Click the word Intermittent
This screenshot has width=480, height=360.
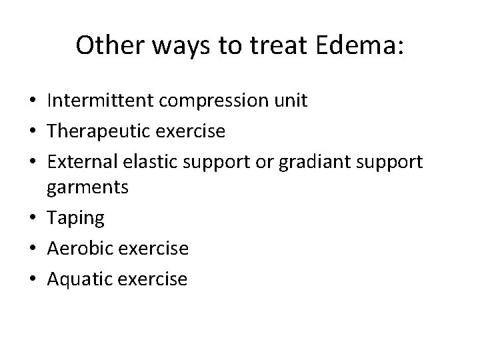[x=101, y=101]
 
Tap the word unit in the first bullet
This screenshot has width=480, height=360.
[x=291, y=101]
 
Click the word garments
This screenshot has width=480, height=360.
[x=87, y=189]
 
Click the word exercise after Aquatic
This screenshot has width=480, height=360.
[x=155, y=278]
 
